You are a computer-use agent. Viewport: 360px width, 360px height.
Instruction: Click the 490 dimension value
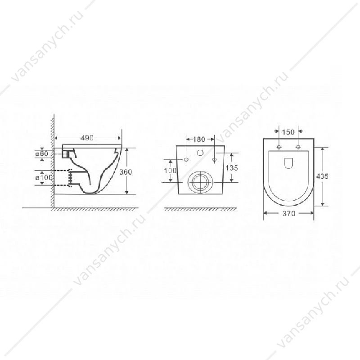pos(87,138)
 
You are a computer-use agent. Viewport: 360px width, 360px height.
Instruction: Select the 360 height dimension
pos(126,172)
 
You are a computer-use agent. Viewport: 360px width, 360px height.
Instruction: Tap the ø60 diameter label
pos(42,153)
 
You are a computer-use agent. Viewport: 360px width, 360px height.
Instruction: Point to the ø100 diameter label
pos(44,177)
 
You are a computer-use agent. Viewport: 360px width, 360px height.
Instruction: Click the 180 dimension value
pos(199,139)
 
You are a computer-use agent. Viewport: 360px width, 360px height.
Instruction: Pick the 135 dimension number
pos(232,168)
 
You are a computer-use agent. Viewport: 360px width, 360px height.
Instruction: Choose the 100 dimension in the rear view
pos(170,171)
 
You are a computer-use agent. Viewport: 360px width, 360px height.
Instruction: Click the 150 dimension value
pos(288,132)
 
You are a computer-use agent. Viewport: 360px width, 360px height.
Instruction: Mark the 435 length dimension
pos(322,176)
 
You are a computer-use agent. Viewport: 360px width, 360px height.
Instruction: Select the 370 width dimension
pos(289,213)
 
